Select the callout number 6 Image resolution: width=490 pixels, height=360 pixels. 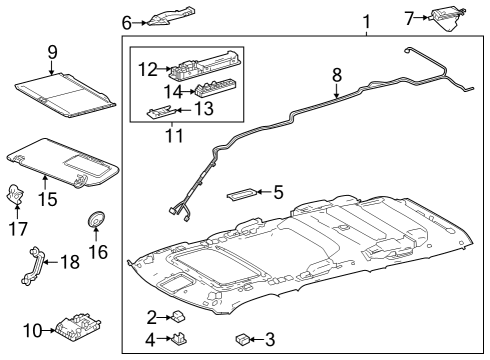click(x=127, y=21)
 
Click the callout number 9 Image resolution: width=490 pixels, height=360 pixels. click(x=51, y=51)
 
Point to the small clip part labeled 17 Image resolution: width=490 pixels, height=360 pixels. click(x=17, y=194)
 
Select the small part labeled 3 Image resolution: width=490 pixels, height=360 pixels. click(x=242, y=339)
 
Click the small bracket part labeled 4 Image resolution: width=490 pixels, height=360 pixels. click(x=181, y=338)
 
